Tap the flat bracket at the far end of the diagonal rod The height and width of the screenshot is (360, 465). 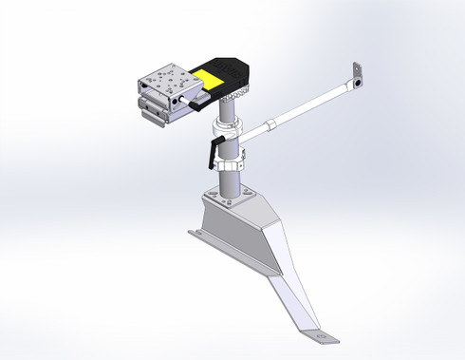point(358,76)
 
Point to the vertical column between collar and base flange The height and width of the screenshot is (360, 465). point(230,180)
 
